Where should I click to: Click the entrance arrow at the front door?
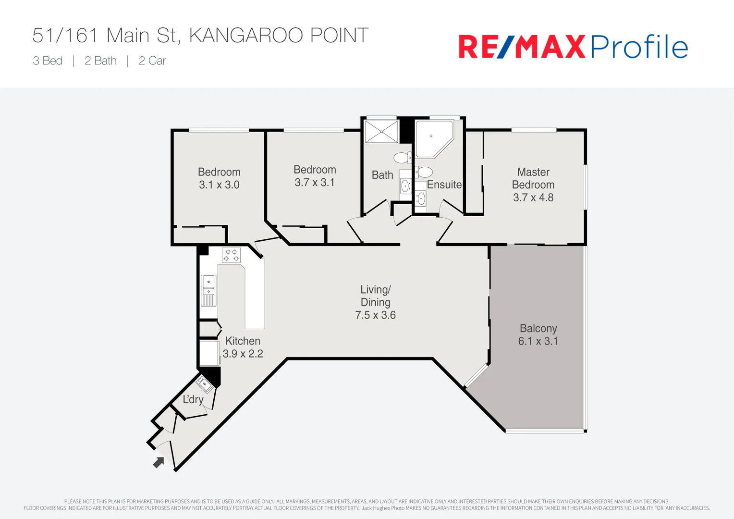pyautogui.click(x=159, y=462)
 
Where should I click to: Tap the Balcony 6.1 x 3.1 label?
pyautogui.click(x=538, y=335)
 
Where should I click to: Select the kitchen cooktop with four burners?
pyautogui.click(x=231, y=255)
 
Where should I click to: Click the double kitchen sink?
pyautogui.click(x=208, y=285)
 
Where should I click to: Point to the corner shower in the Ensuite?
pyautogui.click(x=433, y=138)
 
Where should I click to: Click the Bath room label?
pyautogui.click(x=382, y=175)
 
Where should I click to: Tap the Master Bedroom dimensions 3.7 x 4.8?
pyautogui.click(x=533, y=198)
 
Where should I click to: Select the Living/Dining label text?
pyautogui.click(x=376, y=296)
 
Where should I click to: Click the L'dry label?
pyautogui.click(x=193, y=399)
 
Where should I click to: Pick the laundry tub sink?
pyautogui.click(x=205, y=384)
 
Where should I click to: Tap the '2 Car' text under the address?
pyautogui.click(x=152, y=61)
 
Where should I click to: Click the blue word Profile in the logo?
pyautogui.click(x=639, y=47)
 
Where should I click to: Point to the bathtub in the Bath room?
pyautogui.click(x=381, y=132)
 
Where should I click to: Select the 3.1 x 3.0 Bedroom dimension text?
pyautogui.click(x=219, y=185)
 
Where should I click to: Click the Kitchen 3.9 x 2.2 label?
pyautogui.click(x=243, y=347)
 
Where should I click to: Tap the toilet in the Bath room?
pyautogui.click(x=402, y=158)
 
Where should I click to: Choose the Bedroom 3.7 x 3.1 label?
pyautogui.click(x=315, y=176)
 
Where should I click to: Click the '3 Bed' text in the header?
pyautogui.click(x=48, y=61)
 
